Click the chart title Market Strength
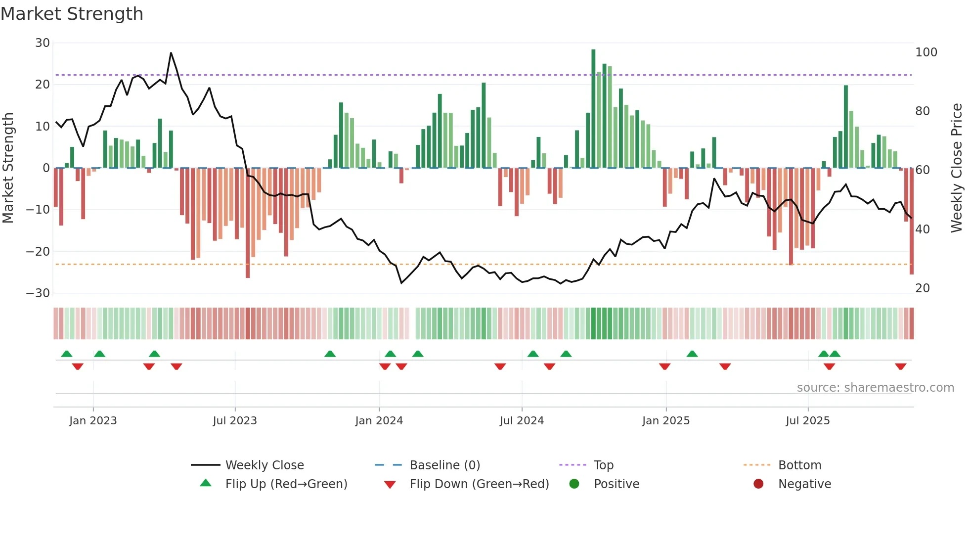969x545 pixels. [72, 14]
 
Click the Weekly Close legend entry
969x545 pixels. [264, 465]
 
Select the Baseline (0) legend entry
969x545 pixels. [444, 465]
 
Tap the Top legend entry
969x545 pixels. [603, 465]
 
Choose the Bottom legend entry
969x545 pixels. [799, 465]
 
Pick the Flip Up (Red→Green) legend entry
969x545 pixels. [286, 484]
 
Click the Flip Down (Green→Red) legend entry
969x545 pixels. [479, 484]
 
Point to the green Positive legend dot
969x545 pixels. [574, 484]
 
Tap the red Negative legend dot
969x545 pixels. [758, 484]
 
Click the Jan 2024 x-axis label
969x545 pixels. [379, 420]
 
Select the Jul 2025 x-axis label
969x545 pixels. [807, 420]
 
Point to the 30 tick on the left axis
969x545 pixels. [43, 43]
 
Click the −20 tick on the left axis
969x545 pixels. [39, 251]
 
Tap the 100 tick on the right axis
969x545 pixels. [926, 52]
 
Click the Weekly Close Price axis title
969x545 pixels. [957, 168]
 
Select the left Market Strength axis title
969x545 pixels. [8, 168]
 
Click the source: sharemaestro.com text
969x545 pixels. [875, 387]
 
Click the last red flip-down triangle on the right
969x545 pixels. [900, 366]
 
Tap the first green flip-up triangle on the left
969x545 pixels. [67, 354]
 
